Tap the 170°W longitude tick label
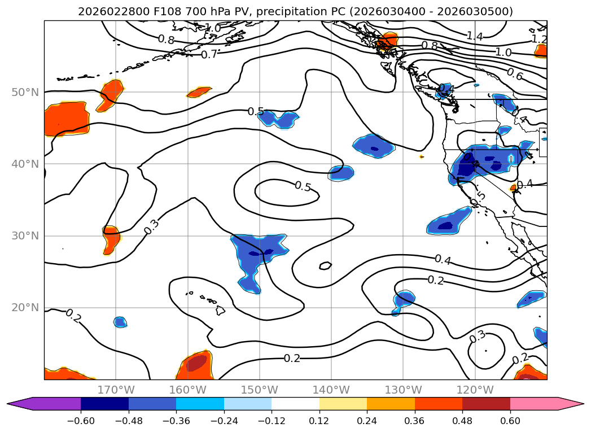point(116,390)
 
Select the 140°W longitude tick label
point(331,390)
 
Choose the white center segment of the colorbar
point(295,404)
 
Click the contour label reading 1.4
point(474,36)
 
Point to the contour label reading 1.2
point(539,39)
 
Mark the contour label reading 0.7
point(209,55)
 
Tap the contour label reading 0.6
point(514,74)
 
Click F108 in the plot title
point(165,11)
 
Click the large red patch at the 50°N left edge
point(67,119)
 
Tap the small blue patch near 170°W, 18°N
point(120,322)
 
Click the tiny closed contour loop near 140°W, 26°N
point(325,265)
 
